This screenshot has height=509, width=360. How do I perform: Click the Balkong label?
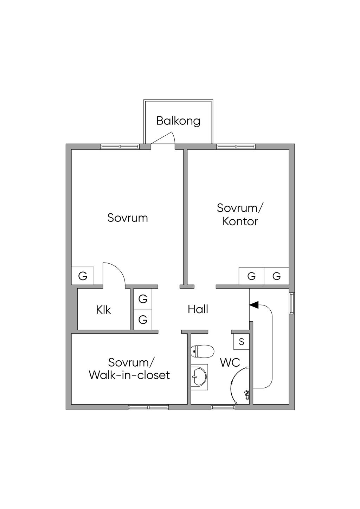pos(178,121)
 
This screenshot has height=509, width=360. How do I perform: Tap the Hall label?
pos(198,309)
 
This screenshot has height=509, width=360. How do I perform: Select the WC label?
pos(230,362)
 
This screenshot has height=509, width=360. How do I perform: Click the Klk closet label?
pos(103,310)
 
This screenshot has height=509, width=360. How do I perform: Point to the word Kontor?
pos(240,221)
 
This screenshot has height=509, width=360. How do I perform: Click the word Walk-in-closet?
pos(129,375)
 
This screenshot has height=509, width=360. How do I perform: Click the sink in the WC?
pos(199,376)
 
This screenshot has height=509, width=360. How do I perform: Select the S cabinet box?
pos(242,341)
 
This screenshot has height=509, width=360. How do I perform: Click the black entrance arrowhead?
pos(254,305)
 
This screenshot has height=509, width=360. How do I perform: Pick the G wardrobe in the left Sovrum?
pos(83,276)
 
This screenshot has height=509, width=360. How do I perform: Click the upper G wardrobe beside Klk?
pos(143,299)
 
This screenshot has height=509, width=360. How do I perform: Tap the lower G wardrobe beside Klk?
pos(143,320)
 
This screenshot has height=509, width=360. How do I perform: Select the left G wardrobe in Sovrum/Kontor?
pos(251,276)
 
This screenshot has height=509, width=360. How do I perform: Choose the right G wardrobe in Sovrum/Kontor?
pos(277,276)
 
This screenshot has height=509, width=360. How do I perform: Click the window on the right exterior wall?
pos(292,303)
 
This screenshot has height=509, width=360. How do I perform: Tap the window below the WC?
pos(223,407)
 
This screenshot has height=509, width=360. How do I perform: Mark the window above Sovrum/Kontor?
pos(236,147)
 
